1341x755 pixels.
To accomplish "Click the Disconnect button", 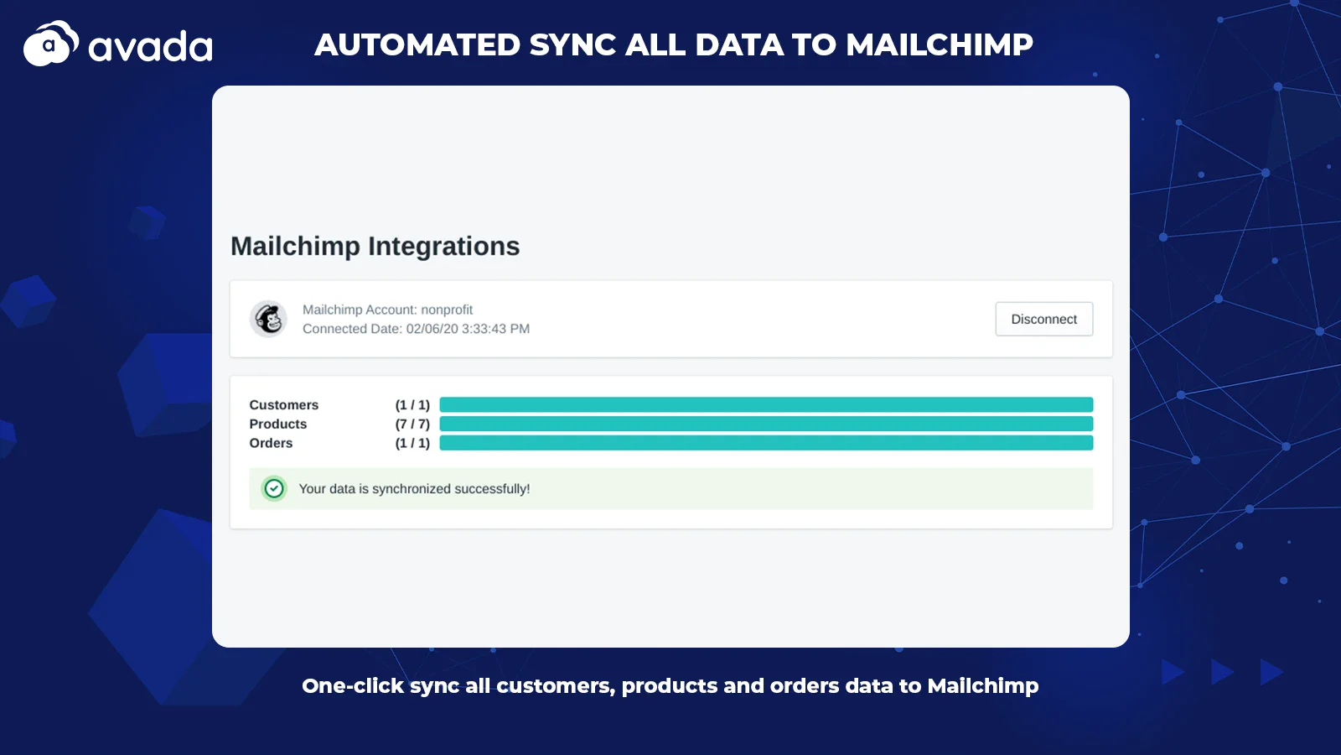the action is click(1044, 319).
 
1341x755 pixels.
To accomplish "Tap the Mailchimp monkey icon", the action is click(268, 319).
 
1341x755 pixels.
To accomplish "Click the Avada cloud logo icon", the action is click(51, 43).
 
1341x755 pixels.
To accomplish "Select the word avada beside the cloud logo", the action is click(150, 47).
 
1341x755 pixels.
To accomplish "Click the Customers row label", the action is click(284, 405).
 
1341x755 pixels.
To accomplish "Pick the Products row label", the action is click(277, 424).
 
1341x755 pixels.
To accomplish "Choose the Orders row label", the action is click(271, 444).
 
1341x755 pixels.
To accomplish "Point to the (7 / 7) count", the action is click(412, 424).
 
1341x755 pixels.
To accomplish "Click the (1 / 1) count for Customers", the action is click(412, 405).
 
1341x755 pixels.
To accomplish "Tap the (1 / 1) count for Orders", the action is click(412, 444).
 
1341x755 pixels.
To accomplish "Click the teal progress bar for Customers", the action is click(766, 404).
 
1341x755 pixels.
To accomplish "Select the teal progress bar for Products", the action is click(766, 424).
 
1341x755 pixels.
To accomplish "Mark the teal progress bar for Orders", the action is click(766, 443).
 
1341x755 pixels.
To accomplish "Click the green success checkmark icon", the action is click(273, 488).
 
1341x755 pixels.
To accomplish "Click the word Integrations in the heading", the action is click(443, 247).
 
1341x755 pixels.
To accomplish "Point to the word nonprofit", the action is click(447, 310).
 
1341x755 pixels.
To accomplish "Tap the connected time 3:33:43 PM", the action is click(495, 329).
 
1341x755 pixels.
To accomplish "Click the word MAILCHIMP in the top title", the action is click(940, 44).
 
